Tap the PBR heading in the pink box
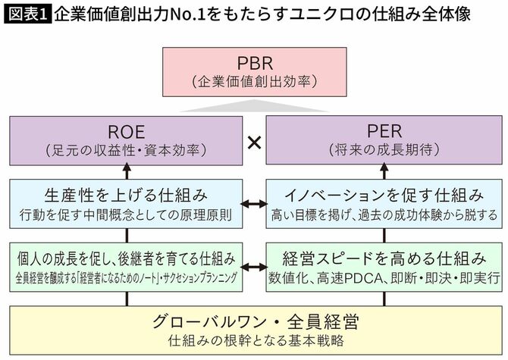coord(254,62)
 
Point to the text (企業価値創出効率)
coord(254,80)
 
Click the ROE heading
coord(127,130)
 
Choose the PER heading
coord(381,130)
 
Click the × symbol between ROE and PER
coord(255,142)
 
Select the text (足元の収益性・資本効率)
coord(127,150)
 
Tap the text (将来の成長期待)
coord(381,150)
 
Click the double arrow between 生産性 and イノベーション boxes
coord(255,205)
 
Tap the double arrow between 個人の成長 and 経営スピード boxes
coord(255,266)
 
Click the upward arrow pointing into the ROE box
coord(127,170)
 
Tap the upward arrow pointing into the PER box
coord(381,170)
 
